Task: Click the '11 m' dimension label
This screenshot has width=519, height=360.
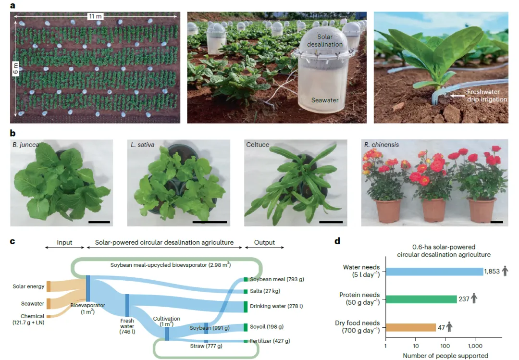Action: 95,16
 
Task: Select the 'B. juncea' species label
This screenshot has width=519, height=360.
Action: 27,144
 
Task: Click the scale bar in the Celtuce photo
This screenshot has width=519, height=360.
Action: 331,223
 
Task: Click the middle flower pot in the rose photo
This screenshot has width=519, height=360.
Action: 434,210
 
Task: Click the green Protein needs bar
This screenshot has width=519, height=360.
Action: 421,299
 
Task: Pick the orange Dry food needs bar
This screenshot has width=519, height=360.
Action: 410,327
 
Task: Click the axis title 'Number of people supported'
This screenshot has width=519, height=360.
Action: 445,356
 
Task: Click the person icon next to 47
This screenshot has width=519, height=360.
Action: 449,327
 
